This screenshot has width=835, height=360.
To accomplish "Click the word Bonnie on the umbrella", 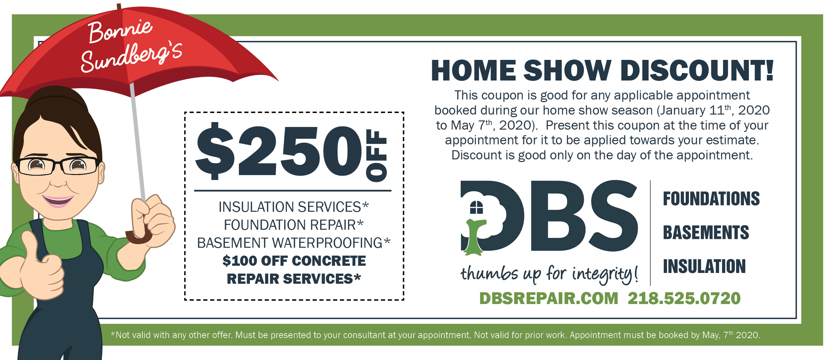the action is [120, 31].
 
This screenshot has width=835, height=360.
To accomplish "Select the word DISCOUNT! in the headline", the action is [697, 70].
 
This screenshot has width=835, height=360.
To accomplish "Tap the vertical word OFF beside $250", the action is [377, 155].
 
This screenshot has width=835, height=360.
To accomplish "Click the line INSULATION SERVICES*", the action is [293, 207].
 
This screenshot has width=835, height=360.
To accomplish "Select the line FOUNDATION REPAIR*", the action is [294, 225].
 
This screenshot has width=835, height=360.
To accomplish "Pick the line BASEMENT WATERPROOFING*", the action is [293, 243].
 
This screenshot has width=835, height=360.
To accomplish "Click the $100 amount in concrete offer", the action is [240, 261].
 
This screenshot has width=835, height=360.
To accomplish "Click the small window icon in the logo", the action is [476, 207].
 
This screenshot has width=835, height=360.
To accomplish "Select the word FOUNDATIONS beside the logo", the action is [711, 199].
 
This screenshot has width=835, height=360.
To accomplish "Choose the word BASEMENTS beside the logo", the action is [706, 233].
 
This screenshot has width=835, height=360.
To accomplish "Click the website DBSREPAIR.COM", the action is [549, 298].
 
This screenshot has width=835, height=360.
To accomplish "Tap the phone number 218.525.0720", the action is [684, 298].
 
